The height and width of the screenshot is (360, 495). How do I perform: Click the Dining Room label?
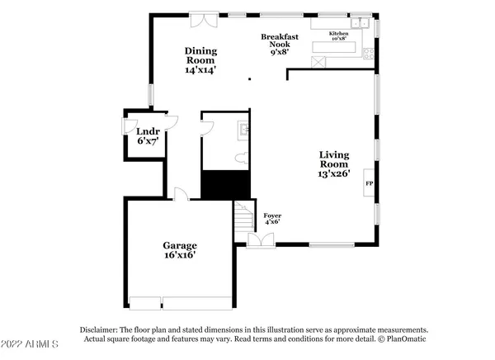200,60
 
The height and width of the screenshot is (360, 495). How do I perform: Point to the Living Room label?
335,163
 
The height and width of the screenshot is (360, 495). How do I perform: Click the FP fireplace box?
369,183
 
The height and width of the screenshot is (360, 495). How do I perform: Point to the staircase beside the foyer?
243,220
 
